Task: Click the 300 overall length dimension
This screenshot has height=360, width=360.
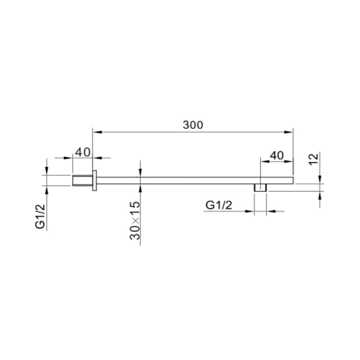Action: point(193,125)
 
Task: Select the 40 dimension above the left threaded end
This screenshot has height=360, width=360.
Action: point(82,152)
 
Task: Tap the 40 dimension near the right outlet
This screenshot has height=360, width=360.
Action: point(276,156)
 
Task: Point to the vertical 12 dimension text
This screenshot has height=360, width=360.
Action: point(314,159)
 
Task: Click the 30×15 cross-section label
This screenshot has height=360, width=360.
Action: point(135,221)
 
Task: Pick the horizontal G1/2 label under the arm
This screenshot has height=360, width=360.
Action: point(219,205)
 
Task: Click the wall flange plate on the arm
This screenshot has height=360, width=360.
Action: point(95,180)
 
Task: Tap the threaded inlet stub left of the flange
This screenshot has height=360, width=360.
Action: point(82,180)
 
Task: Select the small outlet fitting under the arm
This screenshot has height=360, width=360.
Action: point(260,188)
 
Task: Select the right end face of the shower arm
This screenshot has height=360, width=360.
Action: point(293,180)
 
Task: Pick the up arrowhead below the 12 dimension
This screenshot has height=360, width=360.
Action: point(320,195)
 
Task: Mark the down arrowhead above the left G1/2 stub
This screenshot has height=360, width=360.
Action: point(47,172)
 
